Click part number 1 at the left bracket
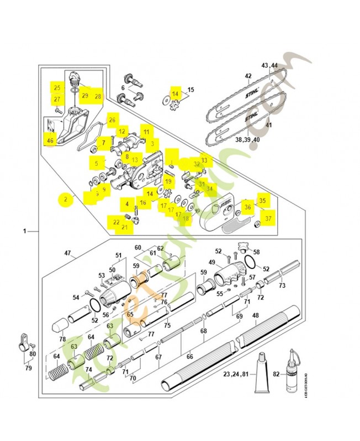click(x=24, y=232)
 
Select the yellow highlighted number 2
click(x=66, y=200)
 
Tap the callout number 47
click(x=68, y=253)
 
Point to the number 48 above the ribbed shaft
click(x=255, y=316)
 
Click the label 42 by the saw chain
click(x=248, y=76)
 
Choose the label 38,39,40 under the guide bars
click(x=247, y=139)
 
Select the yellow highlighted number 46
click(x=50, y=141)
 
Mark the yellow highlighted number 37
click(x=268, y=218)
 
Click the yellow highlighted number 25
click(x=57, y=88)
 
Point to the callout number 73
click(x=282, y=286)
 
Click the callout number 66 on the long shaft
click(x=189, y=357)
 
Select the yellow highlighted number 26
click(x=112, y=120)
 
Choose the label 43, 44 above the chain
click(x=273, y=66)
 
